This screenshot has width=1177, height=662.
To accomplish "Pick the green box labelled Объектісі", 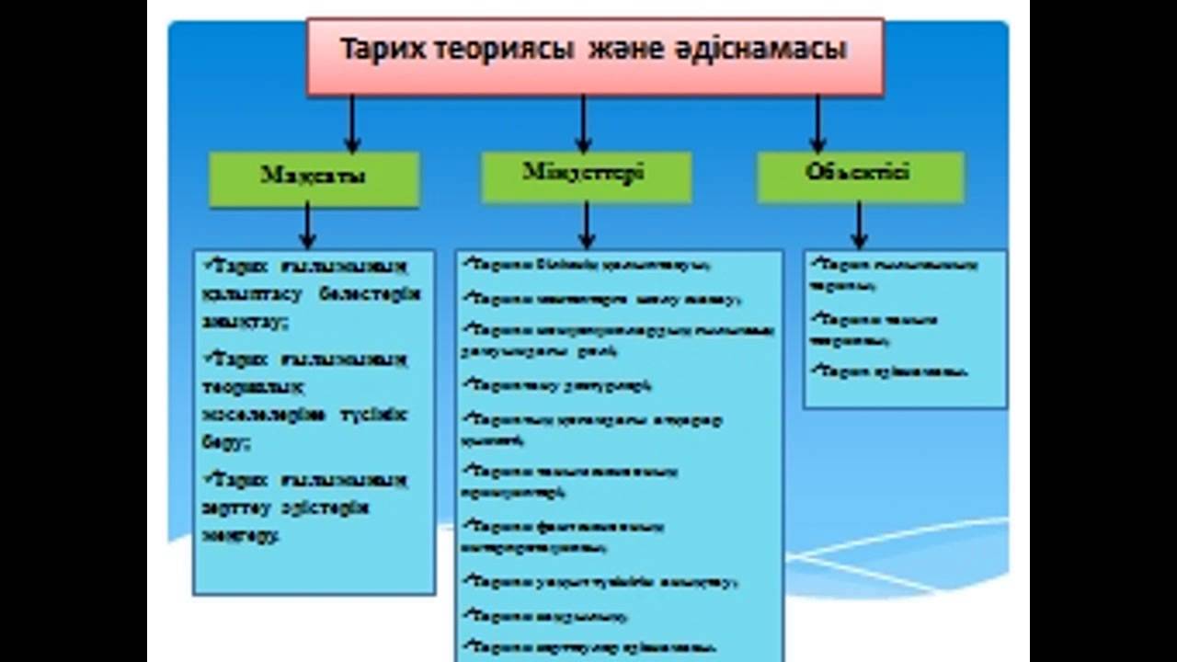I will click(x=860, y=176).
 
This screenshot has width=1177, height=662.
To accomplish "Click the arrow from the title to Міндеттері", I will click(x=583, y=124).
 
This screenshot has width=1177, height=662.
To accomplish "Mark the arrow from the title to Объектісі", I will click(x=817, y=124).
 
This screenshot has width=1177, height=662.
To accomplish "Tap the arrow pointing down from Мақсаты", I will click(x=308, y=226).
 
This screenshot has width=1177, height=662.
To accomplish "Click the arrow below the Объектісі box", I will click(x=859, y=226).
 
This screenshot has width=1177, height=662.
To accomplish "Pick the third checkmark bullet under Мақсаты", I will click(x=208, y=478).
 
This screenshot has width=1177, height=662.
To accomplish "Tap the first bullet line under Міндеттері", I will click(x=588, y=266).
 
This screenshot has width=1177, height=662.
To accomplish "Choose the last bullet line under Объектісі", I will click(x=892, y=371).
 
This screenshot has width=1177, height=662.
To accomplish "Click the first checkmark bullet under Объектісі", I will click(x=815, y=264).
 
